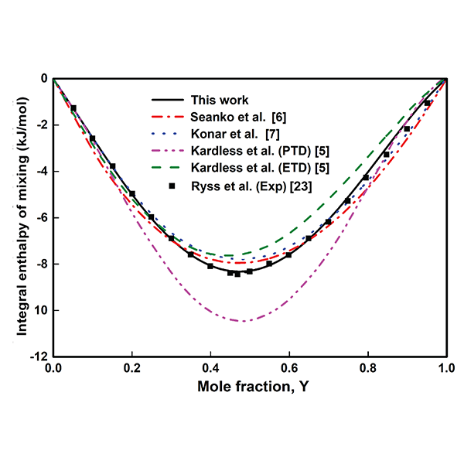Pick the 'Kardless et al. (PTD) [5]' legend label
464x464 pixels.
click(252, 151)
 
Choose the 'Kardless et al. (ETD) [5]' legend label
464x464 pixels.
click(252, 168)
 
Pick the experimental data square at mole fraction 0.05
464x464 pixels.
click(73, 108)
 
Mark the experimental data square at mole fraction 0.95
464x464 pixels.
click(427, 103)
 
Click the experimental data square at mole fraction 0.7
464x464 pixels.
click(328, 222)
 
